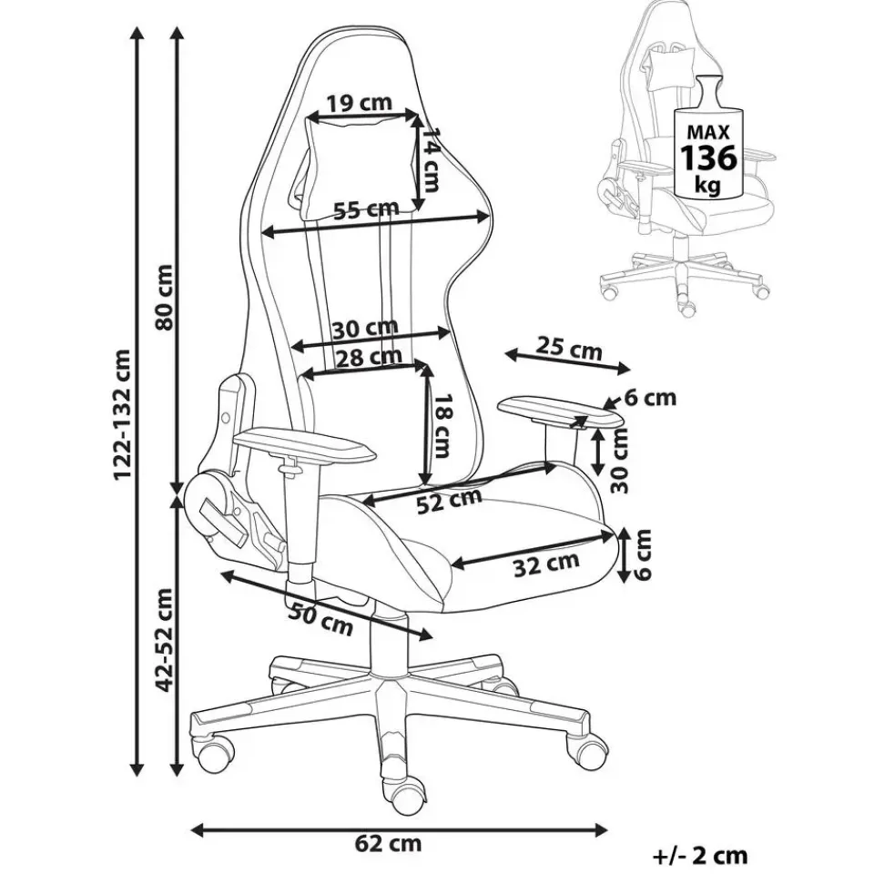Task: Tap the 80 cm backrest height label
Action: (166, 298)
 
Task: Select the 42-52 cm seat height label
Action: (165, 640)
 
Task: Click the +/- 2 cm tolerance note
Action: (699, 855)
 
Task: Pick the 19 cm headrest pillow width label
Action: (360, 103)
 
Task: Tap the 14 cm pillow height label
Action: (430, 159)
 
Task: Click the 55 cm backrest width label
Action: (367, 209)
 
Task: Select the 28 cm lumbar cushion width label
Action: (370, 356)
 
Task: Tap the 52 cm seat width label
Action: (449, 501)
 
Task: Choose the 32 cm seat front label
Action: (545, 564)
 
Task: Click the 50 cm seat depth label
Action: (320, 619)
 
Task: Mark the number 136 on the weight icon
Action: (708, 158)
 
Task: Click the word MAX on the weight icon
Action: (708, 132)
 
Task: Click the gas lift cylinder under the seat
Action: (388, 636)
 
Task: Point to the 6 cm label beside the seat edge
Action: (643, 554)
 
